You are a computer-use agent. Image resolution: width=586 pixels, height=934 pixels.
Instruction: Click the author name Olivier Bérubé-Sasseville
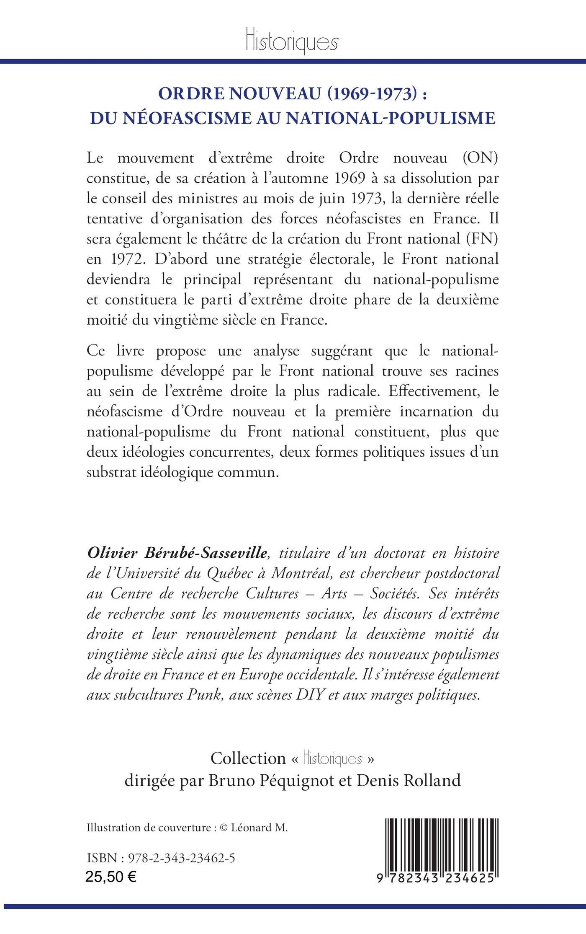pos(176,553)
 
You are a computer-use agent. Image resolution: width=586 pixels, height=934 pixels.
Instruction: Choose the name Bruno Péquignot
pos(274,780)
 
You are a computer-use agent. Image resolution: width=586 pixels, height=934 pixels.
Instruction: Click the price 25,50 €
pos(111,875)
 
